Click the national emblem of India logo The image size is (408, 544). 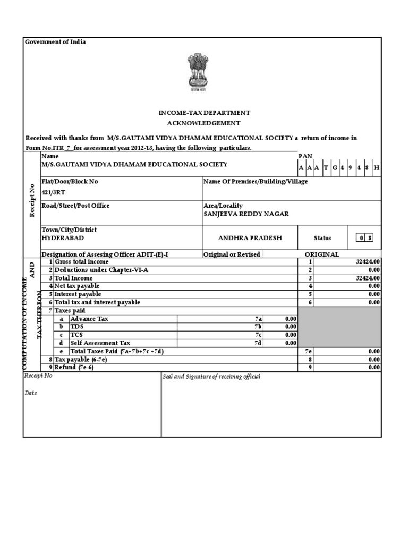tap(198, 73)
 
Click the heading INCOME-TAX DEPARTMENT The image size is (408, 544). tap(204, 113)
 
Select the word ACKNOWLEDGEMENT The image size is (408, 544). tap(204, 123)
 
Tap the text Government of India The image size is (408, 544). tap(55, 42)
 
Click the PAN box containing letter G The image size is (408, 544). tap(335, 167)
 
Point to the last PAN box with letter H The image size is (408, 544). tap(377, 167)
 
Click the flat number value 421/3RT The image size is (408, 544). tap(50, 194)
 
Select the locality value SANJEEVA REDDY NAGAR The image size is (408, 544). tap(246, 214)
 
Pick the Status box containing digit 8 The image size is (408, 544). tap(370, 238)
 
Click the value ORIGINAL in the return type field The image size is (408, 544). tap(322, 254)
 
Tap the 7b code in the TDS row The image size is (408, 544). tap(259, 327)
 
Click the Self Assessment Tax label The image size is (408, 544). tap(100, 343)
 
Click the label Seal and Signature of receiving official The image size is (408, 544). tap(211, 377)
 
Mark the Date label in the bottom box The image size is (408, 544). tap(31, 394)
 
